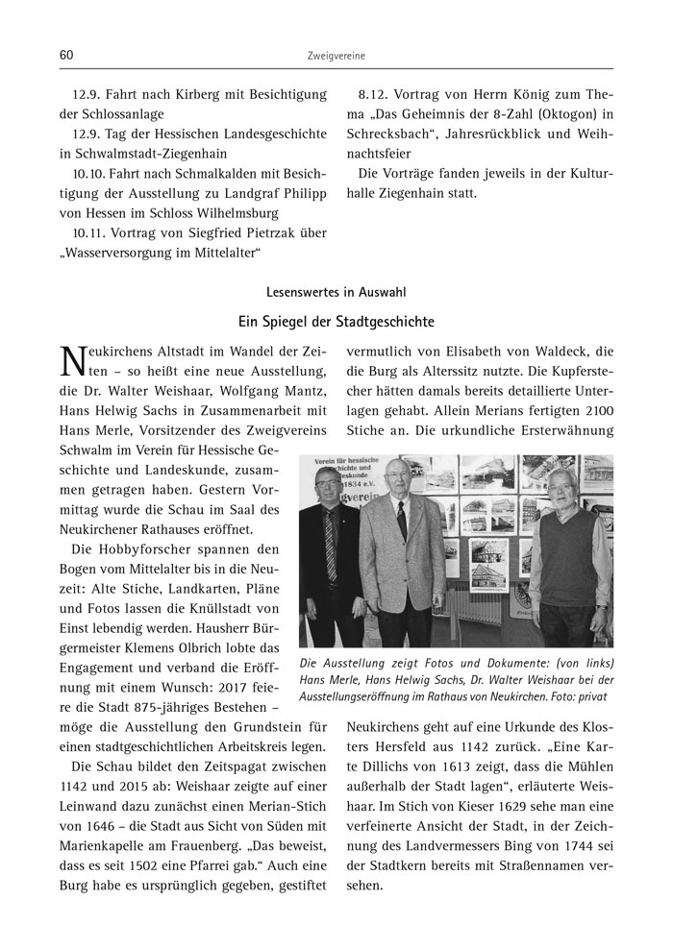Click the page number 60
tap(66, 56)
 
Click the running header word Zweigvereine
tap(336, 57)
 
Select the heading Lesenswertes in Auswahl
tap(336, 291)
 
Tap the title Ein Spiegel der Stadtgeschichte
tap(336, 320)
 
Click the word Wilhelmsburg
tap(232, 211)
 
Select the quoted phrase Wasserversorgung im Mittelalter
tap(162, 252)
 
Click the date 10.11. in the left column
tap(91, 231)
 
